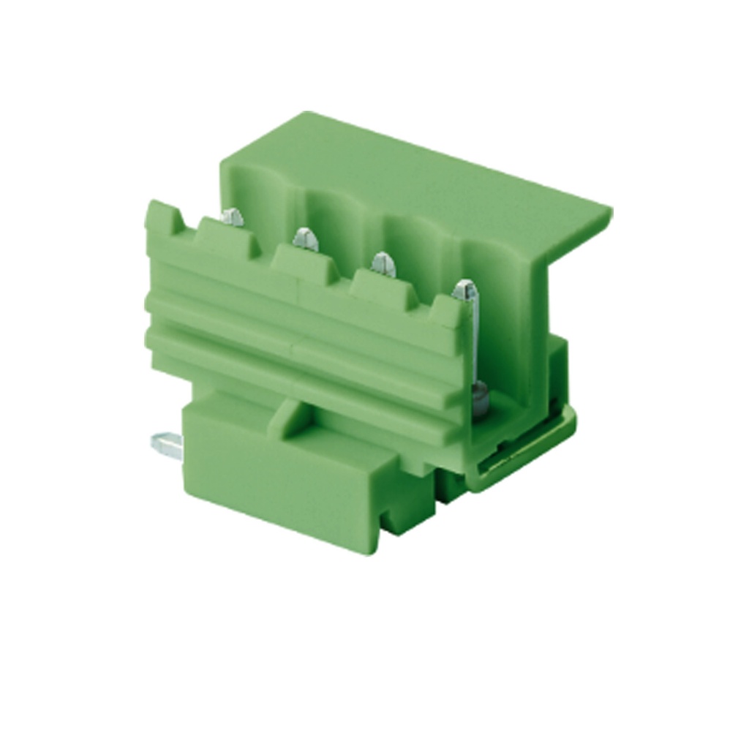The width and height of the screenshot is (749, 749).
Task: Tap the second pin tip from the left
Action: [305, 237]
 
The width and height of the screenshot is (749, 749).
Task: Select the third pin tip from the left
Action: [383, 262]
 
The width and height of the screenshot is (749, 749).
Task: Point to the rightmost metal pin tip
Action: [463, 290]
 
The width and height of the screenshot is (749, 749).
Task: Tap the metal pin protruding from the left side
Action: [165, 443]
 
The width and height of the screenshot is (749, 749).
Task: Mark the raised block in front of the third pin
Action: [379, 287]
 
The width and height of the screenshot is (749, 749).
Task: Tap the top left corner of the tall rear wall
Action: [224, 157]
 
